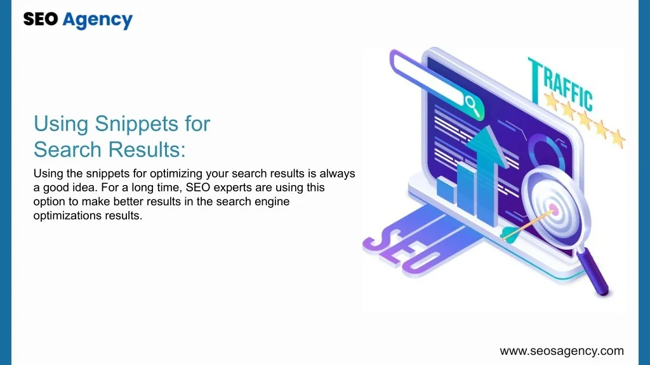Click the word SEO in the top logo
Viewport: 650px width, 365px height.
point(41,19)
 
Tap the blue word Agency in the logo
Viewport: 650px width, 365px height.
point(98,20)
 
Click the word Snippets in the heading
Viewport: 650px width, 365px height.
point(136,124)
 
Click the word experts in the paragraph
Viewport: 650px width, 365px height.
point(230,188)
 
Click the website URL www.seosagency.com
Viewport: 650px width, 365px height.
point(562,351)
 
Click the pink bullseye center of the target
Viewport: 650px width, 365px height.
point(554,209)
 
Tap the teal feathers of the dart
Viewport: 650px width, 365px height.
point(509,234)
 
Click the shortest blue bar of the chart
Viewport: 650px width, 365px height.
point(446,190)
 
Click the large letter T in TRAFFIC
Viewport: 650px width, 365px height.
point(536,80)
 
